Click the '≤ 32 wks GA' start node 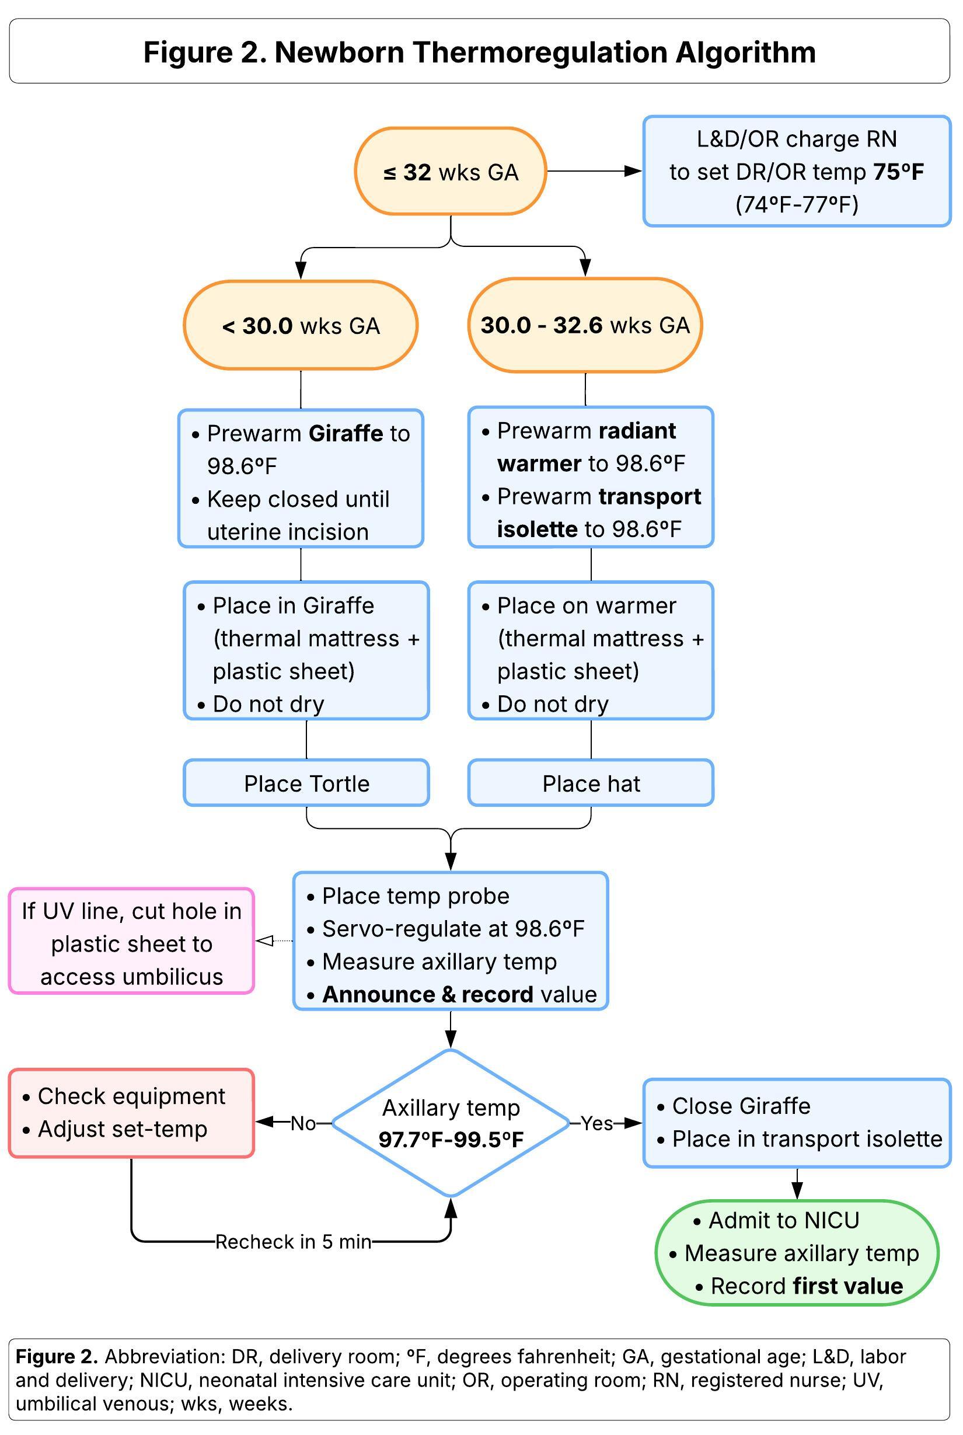pos(450,172)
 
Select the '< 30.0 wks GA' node pos(301,325)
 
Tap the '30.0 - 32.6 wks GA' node pos(585,325)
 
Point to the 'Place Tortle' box pos(306,783)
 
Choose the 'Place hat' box pos(591,783)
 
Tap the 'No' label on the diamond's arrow pos(303,1124)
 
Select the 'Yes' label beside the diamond pos(597,1124)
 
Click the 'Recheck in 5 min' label pos(293,1242)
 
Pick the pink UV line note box pos(131,941)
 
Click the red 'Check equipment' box pos(131,1113)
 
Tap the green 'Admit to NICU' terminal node pos(797,1252)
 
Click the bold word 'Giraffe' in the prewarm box pos(346,434)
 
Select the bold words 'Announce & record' pos(428,995)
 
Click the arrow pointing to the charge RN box pos(595,172)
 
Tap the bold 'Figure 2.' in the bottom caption pos(57,1356)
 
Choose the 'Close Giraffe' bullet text pos(741,1106)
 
